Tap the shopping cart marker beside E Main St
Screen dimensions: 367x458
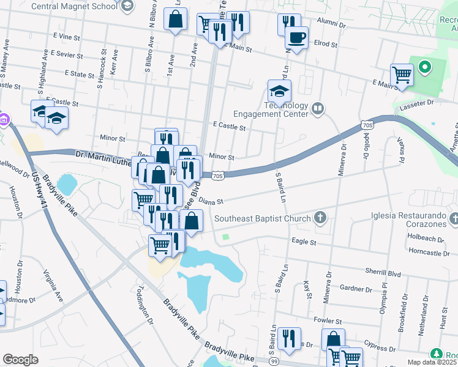pos(402,75)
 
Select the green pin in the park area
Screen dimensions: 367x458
pos(424,67)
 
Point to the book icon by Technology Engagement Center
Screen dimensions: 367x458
pos(317,109)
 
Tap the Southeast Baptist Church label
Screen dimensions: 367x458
pos(263,218)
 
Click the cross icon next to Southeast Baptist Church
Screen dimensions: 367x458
pos(319,217)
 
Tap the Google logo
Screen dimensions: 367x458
pos(20,360)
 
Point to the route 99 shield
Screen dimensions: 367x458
pos(274,362)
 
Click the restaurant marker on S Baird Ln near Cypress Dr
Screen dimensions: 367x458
pos(289,338)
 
